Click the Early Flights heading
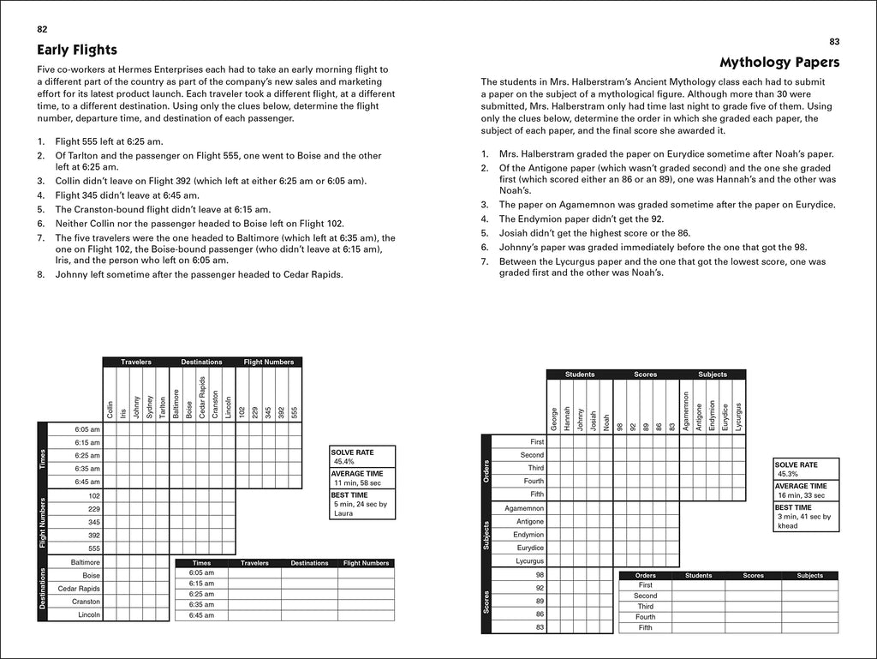point(77,50)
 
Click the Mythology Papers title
point(779,62)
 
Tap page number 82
point(42,29)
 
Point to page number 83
point(834,41)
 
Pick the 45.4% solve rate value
point(345,461)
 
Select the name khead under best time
point(788,526)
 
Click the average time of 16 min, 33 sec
point(801,495)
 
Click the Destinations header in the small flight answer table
point(309,563)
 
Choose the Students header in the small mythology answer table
point(698,576)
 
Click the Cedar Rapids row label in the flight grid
point(80,589)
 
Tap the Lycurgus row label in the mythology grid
point(528,560)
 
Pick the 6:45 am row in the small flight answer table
point(201,615)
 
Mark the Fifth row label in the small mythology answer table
point(645,627)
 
